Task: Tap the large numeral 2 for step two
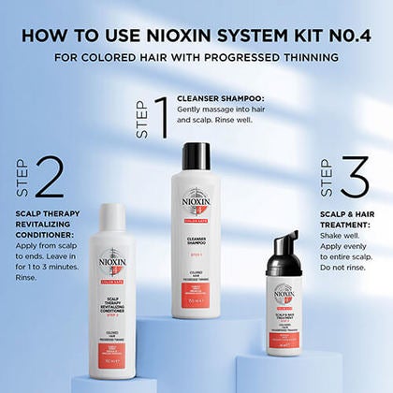point(49,175)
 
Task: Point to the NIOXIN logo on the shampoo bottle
point(196,202)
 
